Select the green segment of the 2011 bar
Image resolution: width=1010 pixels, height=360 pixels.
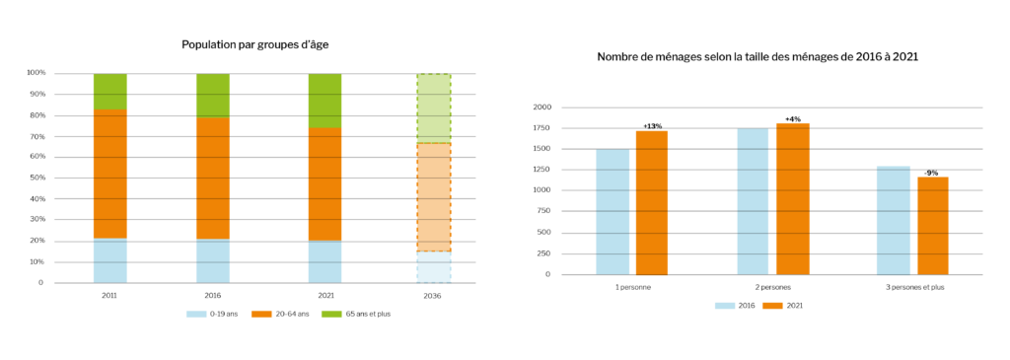[x=110, y=91]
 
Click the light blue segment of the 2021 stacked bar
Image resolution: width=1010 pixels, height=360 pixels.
[x=325, y=261]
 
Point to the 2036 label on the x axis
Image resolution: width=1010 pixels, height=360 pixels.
[x=433, y=295]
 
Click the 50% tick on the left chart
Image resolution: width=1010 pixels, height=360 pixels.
[x=36, y=178]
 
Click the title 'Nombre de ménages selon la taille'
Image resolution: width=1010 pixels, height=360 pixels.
[x=757, y=56]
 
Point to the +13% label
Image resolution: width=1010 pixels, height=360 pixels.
[x=652, y=126]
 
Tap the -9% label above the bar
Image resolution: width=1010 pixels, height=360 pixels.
[x=931, y=173]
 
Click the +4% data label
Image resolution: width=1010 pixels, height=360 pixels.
[x=792, y=119]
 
